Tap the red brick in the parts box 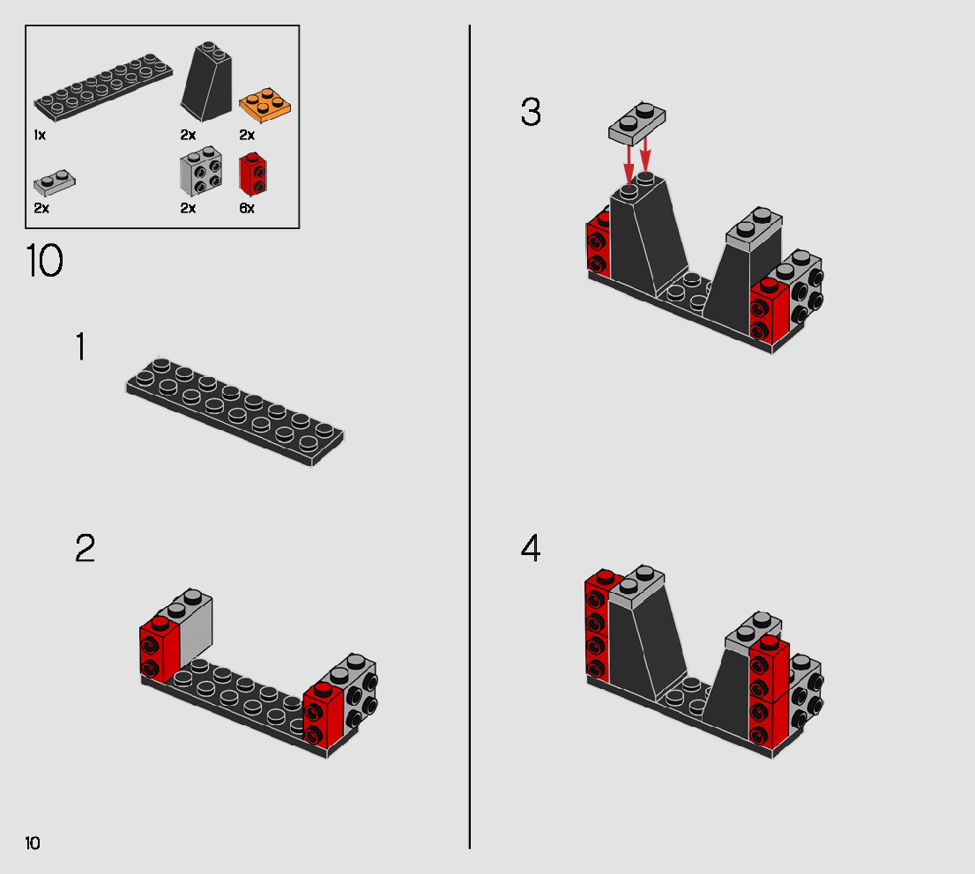253,174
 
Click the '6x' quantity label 247,209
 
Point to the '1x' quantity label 40,136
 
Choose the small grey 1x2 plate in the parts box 55,182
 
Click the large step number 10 45,262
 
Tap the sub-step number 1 81,348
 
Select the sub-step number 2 85,549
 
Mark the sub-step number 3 531,113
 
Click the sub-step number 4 531,549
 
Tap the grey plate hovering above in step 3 636,122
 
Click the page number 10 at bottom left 33,843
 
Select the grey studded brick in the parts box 201,172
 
